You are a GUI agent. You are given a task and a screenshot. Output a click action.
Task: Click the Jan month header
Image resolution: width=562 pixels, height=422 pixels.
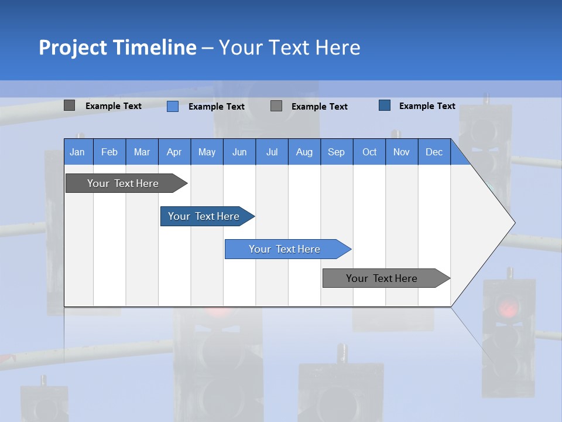pyautogui.click(x=77, y=152)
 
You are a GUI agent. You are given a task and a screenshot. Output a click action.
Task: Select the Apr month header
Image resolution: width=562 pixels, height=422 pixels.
pyautogui.click(x=174, y=152)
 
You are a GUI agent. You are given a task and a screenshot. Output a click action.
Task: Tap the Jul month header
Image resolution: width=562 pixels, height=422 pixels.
pyautogui.click(x=272, y=152)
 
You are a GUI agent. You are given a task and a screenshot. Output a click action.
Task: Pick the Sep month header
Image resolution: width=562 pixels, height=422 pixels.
pyautogui.click(x=336, y=152)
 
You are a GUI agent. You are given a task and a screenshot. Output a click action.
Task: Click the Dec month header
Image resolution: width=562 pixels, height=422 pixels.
pyautogui.click(x=434, y=152)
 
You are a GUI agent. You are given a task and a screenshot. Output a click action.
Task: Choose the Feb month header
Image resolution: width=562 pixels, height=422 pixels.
pyautogui.click(x=109, y=152)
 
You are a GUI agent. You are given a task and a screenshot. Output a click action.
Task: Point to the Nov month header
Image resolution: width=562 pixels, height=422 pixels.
pyautogui.click(x=401, y=152)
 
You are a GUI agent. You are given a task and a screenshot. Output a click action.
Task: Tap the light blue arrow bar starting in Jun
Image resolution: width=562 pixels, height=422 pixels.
pyautogui.click(x=285, y=249)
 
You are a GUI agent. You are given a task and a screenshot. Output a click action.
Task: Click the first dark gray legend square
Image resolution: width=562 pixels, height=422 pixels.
pyautogui.click(x=70, y=105)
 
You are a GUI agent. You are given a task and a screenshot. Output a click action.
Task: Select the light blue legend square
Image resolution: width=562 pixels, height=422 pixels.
pyautogui.click(x=173, y=106)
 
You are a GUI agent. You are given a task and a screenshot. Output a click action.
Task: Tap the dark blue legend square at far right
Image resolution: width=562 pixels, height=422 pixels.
pyautogui.click(x=385, y=105)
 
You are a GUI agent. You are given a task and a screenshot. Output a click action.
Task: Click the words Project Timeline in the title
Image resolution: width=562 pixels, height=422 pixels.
pyautogui.click(x=117, y=47)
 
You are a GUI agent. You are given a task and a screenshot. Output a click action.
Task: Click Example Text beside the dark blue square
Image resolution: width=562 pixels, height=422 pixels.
pyautogui.click(x=427, y=106)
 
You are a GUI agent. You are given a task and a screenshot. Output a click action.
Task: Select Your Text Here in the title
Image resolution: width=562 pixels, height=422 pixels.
pyautogui.click(x=289, y=47)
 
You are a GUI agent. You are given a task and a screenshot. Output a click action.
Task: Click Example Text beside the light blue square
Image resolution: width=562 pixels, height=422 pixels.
pyautogui.click(x=216, y=107)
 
